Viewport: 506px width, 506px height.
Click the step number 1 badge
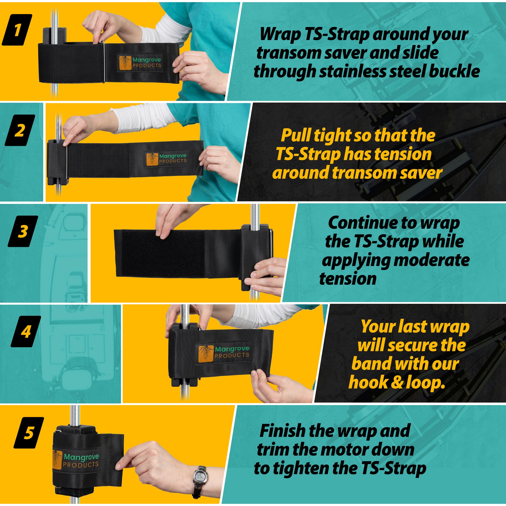click(17, 30)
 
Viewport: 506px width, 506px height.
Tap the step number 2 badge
click(20, 130)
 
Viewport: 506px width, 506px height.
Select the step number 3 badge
click(23, 231)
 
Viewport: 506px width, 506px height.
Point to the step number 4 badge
click(26, 332)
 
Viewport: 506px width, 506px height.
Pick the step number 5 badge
click(29, 433)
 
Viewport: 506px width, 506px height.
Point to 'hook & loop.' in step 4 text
click(397, 382)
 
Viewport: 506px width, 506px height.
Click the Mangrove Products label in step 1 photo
click(140, 63)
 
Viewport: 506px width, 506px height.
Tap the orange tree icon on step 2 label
click(152, 159)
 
